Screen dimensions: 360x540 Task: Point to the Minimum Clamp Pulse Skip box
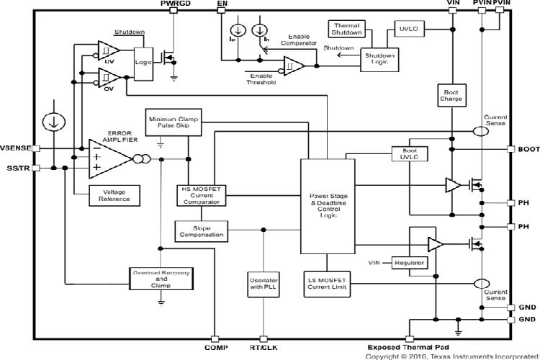[x=173, y=123]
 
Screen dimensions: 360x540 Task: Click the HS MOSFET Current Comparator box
[x=202, y=195]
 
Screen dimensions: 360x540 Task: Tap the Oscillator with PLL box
[x=263, y=280]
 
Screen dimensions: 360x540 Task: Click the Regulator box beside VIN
[x=409, y=263]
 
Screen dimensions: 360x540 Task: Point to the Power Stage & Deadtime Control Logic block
[x=327, y=205]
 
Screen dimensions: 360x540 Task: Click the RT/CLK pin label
[x=264, y=347]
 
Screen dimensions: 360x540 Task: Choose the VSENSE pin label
[x=16, y=148]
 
